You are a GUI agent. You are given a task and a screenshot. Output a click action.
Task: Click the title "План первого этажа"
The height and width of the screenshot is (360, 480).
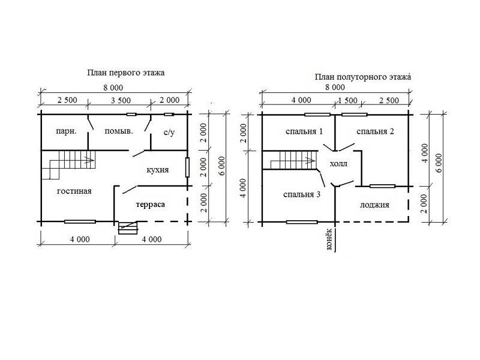(126, 73)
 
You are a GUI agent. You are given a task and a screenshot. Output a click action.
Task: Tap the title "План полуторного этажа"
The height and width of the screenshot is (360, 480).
(363, 77)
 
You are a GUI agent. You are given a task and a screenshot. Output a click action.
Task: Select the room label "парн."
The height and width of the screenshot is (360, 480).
(66, 131)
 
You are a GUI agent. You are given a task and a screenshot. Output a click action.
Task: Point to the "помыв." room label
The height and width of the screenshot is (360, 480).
(119, 131)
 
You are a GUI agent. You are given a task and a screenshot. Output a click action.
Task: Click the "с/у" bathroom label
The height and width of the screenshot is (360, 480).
(169, 132)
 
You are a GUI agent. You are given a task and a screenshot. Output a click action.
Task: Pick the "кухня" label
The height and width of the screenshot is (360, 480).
(158, 170)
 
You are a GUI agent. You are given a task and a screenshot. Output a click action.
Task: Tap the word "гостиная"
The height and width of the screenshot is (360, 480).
(74, 191)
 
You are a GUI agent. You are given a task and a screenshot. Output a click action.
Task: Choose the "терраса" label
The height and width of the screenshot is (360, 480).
(151, 205)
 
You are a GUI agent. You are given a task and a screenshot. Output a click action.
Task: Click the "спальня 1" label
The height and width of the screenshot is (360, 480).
(304, 131)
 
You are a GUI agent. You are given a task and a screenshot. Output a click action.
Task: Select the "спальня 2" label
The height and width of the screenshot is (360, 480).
(375, 131)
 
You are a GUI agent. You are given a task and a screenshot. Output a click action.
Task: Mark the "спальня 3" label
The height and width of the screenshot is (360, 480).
(302, 194)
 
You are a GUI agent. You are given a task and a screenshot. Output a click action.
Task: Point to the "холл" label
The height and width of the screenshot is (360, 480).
(338, 164)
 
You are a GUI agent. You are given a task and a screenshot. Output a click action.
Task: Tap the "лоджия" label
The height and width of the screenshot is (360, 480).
(374, 205)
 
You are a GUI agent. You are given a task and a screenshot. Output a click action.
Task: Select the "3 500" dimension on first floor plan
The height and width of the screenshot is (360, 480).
(121, 100)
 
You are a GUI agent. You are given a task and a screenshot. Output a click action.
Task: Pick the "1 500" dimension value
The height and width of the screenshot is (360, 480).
(347, 100)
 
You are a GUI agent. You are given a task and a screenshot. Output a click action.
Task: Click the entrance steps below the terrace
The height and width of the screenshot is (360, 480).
(128, 228)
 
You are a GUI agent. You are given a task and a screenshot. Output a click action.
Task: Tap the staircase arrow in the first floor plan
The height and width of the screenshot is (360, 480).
(89, 160)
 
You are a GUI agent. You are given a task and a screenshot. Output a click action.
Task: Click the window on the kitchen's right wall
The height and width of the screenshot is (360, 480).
(187, 167)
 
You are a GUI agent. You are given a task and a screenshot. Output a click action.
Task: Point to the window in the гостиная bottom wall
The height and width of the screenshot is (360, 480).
(80, 221)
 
